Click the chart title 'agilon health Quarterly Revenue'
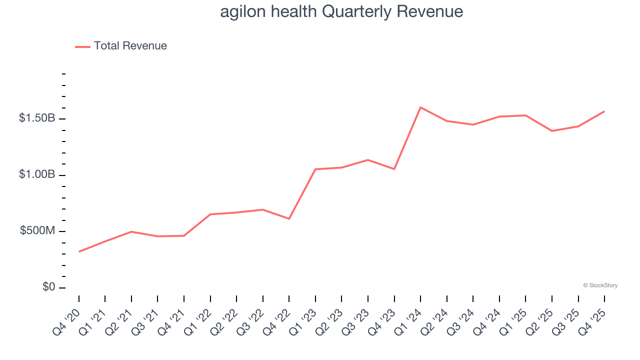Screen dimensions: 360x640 341,11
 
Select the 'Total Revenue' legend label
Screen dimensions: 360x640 130,46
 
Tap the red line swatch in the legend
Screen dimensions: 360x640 82,46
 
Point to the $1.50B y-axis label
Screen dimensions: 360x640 37,118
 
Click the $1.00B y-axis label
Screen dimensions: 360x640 37,175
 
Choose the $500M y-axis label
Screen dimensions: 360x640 37,231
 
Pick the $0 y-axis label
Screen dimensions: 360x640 49,287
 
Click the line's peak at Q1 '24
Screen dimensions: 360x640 420,107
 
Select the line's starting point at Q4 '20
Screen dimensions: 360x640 79,251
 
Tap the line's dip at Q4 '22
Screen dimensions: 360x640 289,219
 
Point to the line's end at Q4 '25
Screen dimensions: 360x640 604,111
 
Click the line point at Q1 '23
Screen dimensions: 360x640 315,169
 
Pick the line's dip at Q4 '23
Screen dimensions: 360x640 394,169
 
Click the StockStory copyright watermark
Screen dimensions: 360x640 600,285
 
